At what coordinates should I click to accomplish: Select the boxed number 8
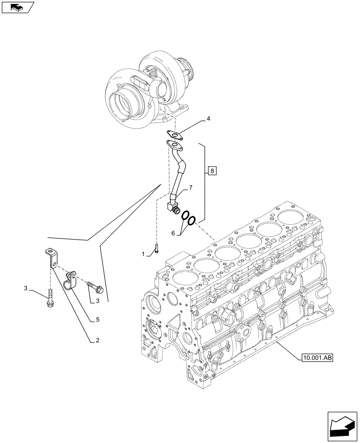[211, 170]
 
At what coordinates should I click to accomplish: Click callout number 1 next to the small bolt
[143, 254]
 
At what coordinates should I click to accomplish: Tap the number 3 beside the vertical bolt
[26, 289]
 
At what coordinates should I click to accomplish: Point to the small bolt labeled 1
[156, 250]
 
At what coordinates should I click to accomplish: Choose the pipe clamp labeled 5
[70, 283]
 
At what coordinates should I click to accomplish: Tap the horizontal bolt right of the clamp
[95, 287]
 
